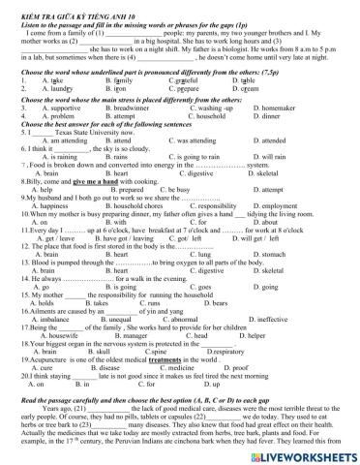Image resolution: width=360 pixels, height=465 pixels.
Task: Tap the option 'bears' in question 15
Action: [x=200, y=277]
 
